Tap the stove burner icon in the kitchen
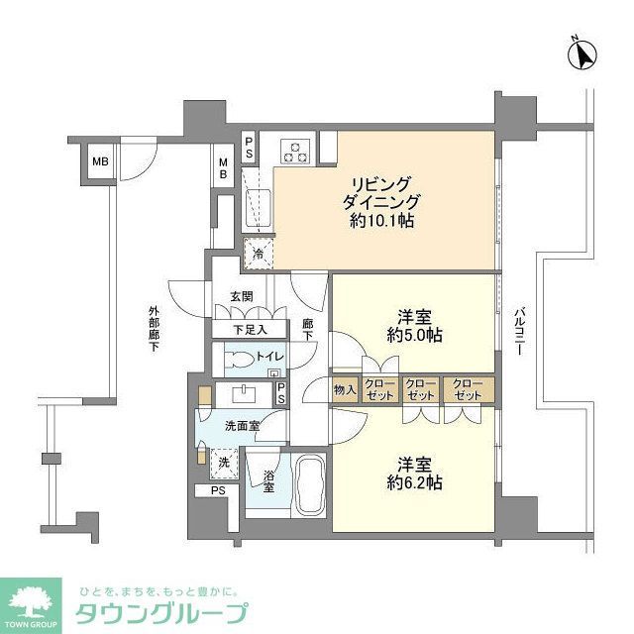[x=295, y=151]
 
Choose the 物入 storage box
[x=345, y=389]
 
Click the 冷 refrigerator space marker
[x=259, y=255]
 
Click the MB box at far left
[x=101, y=162]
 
